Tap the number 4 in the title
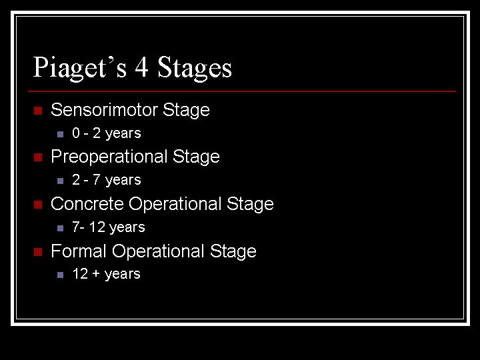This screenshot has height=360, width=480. [x=142, y=68]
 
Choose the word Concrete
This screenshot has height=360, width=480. [x=87, y=204]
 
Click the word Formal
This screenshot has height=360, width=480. [x=79, y=251]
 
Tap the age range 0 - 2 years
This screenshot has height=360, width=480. [x=107, y=133]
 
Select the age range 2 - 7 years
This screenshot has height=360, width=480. [x=107, y=180]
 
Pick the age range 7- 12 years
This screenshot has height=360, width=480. [x=108, y=227]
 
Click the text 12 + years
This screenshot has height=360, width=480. [x=107, y=274]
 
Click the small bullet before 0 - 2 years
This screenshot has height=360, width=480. [x=60, y=134]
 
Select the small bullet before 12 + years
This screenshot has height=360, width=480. [x=60, y=275]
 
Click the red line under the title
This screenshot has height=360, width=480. [x=244, y=91]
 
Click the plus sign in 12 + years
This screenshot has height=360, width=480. [x=96, y=275]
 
